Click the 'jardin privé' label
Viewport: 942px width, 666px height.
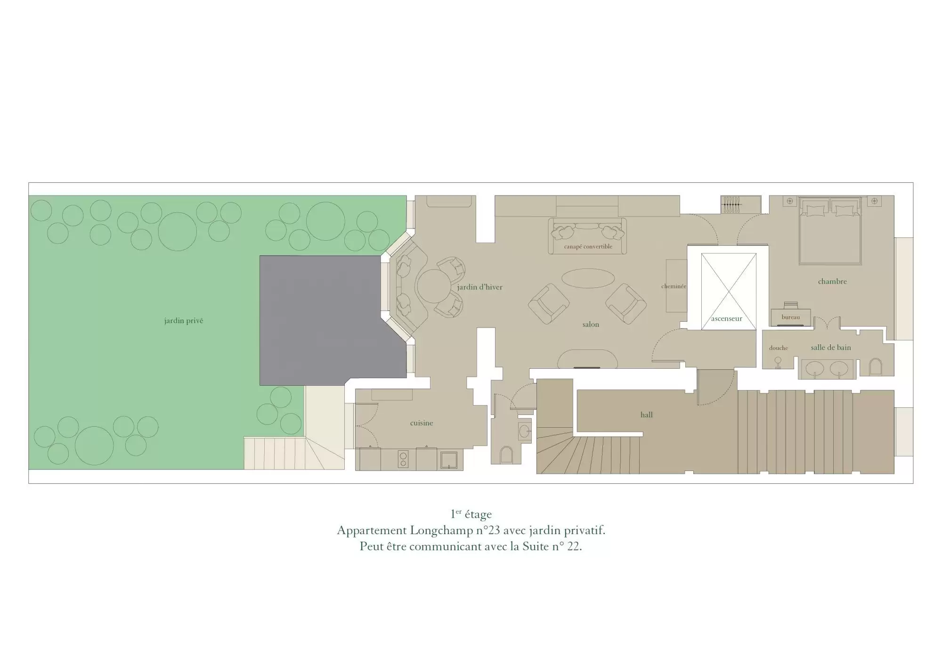[x=184, y=321]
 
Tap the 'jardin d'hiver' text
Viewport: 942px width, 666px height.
[x=479, y=287]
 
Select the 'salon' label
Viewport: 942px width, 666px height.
[x=591, y=325]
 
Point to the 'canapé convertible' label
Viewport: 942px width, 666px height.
[x=588, y=246]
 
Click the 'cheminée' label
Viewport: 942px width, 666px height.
[x=674, y=286]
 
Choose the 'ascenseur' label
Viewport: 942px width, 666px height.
[x=727, y=319]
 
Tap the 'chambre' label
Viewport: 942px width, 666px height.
[x=832, y=281]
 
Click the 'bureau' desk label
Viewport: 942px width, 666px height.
[x=791, y=317]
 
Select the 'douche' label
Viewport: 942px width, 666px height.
[x=778, y=348]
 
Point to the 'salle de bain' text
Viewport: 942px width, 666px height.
[x=831, y=348]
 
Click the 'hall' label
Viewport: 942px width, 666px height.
[x=647, y=414]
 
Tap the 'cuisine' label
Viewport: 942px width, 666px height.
[x=422, y=423]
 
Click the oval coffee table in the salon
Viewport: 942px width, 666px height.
[x=588, y=277]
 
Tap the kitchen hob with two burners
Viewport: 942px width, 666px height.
[x=403, y=459]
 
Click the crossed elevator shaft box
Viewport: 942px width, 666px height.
[x=729, y=291]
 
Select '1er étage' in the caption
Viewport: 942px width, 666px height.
[x=471, y=514]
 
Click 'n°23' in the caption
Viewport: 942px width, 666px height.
[x=487, y=530]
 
